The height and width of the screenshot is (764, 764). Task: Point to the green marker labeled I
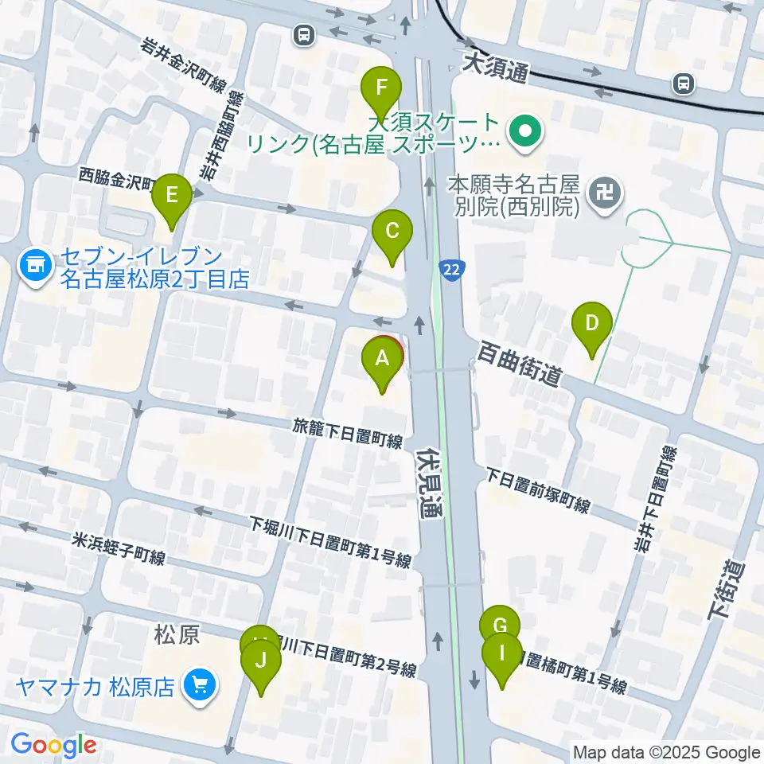[x=502, y=656]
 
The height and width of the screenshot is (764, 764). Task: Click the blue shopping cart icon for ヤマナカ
[x=197, y=684]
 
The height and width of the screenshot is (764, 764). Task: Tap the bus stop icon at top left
[x=302, y=34]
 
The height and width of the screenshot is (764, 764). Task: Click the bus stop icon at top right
[x=682, y=82]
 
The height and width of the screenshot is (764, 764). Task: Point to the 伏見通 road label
[x=430, y=485]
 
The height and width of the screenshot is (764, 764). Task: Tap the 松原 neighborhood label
[x=175, y=637]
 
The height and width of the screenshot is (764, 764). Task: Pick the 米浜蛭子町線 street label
[x=119, y=550]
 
